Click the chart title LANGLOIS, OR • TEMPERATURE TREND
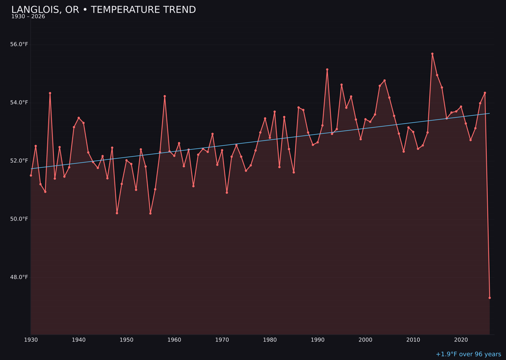coord(104,10)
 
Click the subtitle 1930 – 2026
coord(28,17)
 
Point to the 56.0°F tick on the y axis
coord(20,45)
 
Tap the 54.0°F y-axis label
coord(20,103)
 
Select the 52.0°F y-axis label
coord(20,161)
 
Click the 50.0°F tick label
coord(20,219)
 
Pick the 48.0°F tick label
coord(20,277)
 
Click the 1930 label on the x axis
coord(31,339)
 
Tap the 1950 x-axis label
coord(126,339)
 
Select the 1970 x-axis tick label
coord(222,339)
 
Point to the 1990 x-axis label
coord(318,339)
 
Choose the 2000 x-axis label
coord(365,339)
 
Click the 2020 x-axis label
coord(461,339)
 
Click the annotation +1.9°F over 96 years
coord(468,354)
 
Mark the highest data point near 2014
coord(432,54)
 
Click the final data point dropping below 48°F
coord(490,298)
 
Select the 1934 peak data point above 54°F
coord(50,93)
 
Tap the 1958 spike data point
coord(164,96)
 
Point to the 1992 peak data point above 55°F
coord(327,69)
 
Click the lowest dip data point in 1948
coord(117,213)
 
